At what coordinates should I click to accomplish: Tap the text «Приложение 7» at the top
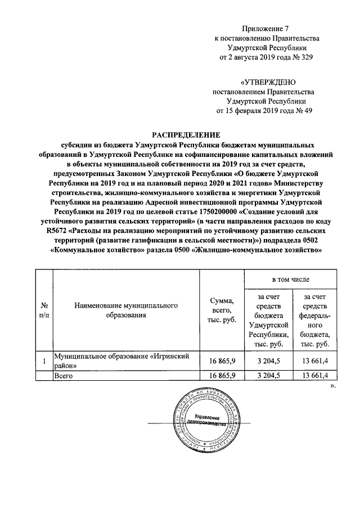tap(265, 28)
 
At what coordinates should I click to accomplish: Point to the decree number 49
tap(307, 111)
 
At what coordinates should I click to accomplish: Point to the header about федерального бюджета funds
tap(314, 320)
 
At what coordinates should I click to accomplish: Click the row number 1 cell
tap(43, 361)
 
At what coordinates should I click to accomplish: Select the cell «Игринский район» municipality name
tap(118, 361)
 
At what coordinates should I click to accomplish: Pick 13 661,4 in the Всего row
tap(314, 375)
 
